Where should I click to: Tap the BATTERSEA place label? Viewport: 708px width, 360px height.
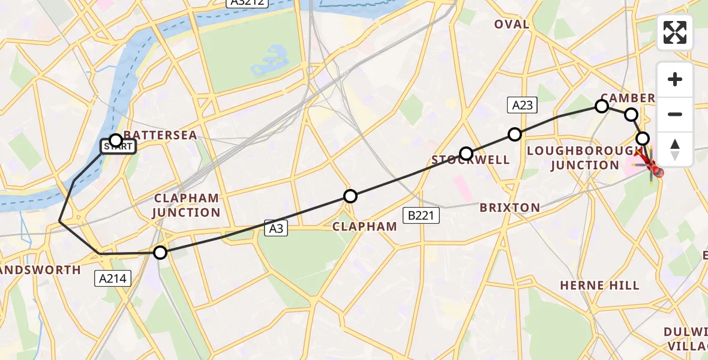[x=160, y=135]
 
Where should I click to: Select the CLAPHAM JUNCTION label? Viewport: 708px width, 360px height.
[x=187, y=205]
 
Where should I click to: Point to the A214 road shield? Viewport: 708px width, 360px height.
[x=113, y=278]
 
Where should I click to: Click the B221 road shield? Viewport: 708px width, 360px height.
[x=422, y=215]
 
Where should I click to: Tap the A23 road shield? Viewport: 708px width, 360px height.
[x=521, y=106]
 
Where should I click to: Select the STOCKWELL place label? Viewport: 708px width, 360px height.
[x=471, y=160]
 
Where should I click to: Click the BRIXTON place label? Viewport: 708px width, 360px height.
[x=510, y=208]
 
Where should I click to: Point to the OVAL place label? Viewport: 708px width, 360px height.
[x=512, y=25]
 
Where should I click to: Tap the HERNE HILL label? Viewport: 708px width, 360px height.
[x=599, y=286]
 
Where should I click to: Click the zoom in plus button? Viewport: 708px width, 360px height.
[x=675, y=79]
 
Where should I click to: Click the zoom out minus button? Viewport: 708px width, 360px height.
[x=675, y=114]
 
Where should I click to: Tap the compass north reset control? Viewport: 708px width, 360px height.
[x=675, y=148]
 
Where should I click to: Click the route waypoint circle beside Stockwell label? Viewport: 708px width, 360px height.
[x=466, y=154]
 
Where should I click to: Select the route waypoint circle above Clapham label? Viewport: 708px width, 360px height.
[x=350, y=196]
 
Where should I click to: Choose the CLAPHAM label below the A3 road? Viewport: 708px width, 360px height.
[x=365, y=226]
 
